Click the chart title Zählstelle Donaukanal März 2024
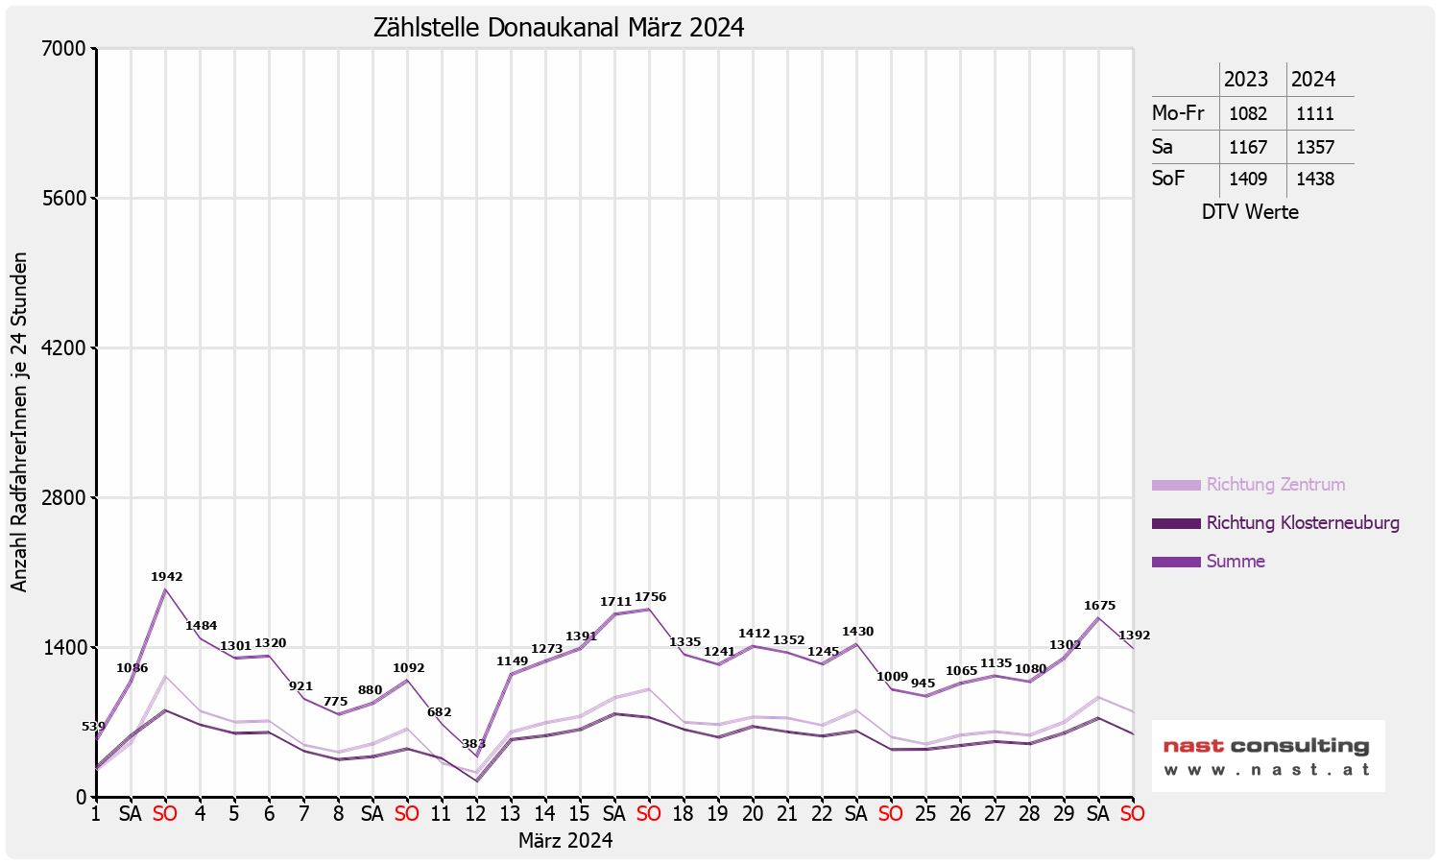click(x=559, y=28)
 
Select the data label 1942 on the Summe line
click(x=166, y=577)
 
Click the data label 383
click(x=473, y=744)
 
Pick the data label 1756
click(x=650, y=597)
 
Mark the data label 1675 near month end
click(x=1099, y=606)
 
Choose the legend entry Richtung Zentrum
click(x=1275, y=485)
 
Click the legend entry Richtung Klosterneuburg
click(x=1302, y=523)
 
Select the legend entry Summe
click(x=1236, y=562)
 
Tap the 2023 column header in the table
click(x=1245, y=80)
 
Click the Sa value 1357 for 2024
click(x=1314, y=148)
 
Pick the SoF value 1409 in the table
click(x=1248, y=180)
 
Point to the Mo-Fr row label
click(x=1178, y=113)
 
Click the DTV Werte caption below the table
click(x=1250, y=212)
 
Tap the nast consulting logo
click(x=1267, y=756)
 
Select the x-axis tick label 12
click(x=475, y=814)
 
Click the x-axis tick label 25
click(x=924, y=814)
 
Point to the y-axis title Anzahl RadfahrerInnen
click(x=19, y=422)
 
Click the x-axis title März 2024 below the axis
click(x=565, y=841)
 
